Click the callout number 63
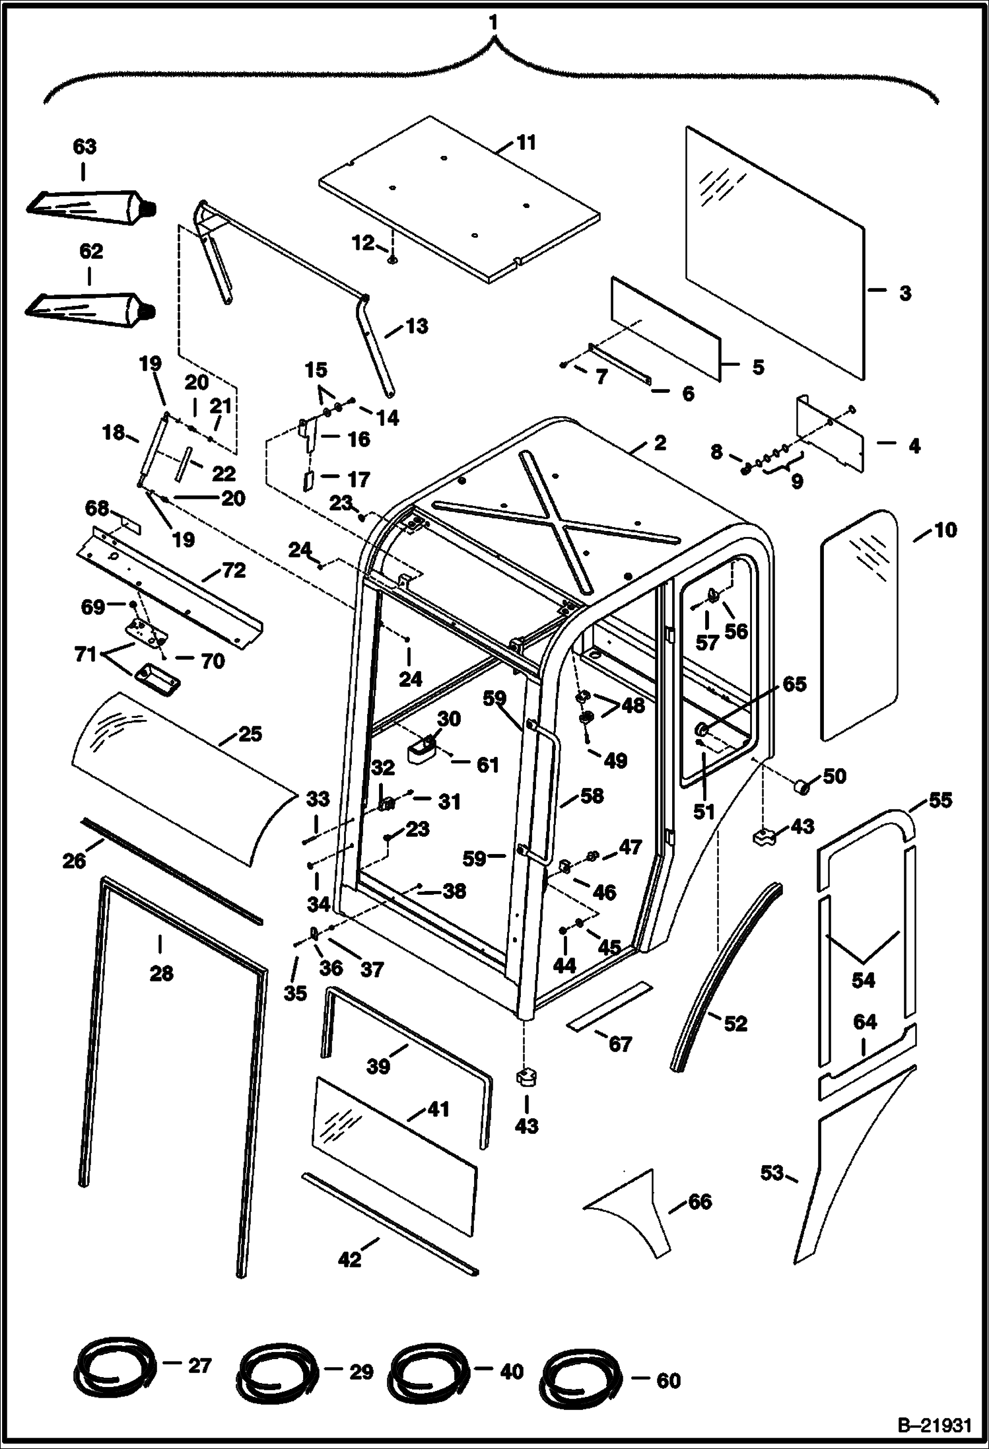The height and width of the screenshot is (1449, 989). coord(85,147)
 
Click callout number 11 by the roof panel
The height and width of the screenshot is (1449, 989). coord(526,143)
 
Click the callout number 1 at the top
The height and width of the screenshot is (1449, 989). coord(493,22)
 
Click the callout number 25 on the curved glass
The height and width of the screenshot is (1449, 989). coord(250,734)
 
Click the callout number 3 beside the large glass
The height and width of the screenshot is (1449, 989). coord(904,292)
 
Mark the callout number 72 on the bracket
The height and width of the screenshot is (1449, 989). coord(233,570)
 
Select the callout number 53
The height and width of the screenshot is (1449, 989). coord(772,1172)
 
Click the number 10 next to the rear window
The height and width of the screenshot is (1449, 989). coord(945,530)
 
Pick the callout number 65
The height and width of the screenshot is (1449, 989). coord(794,684)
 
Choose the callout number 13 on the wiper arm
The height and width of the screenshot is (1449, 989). coord(417,326)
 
